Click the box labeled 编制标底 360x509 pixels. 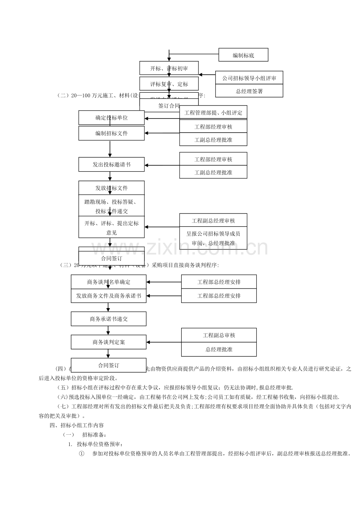[243, 55]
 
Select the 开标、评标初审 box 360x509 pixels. [169, 68]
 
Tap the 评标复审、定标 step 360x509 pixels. [169, 84]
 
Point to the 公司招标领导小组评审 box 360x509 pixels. [249, 77]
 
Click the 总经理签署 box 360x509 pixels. [249, 91]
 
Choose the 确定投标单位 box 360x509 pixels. [111, 118]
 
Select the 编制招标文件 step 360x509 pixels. [111, 133]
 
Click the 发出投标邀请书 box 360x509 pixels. [111, 164]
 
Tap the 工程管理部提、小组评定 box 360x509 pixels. [213, 113]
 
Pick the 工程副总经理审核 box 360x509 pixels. [213, 220]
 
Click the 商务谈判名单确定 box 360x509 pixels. [108, 281]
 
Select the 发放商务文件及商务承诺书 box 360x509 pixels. [108, 296]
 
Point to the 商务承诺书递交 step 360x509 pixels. [108, 319]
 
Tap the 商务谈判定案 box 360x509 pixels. [108, 342]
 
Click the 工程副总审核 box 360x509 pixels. [219, 335]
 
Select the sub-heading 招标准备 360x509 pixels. [93, 435]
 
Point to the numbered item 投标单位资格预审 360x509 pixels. [100, 444]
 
